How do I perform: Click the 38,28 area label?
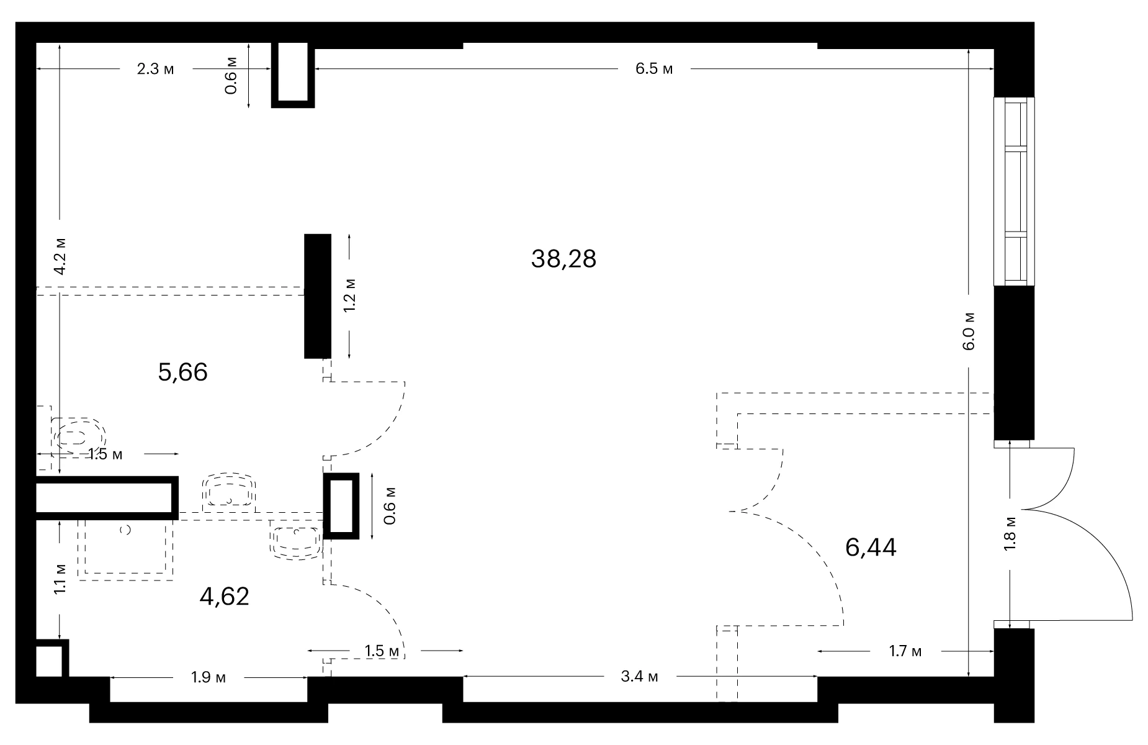pos(563,259)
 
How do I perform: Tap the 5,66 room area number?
pos(182,372)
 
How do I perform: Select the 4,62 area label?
pos(224,597)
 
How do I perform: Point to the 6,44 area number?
pos(871,548)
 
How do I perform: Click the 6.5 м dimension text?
pos(654,69)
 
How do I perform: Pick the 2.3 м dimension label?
pos(156,69)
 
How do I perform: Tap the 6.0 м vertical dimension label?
pos(969,331)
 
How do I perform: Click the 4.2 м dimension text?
pos(60,255)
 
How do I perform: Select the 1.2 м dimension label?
pos(350,296)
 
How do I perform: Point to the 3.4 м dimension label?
pos(639,676)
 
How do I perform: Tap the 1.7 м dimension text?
pos(905,651)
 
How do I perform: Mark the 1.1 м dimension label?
pos(60,579)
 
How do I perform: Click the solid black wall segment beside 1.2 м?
pos(317,296)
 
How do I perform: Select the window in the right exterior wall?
pos(1014,191)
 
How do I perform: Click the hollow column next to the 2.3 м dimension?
pos(293,74)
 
